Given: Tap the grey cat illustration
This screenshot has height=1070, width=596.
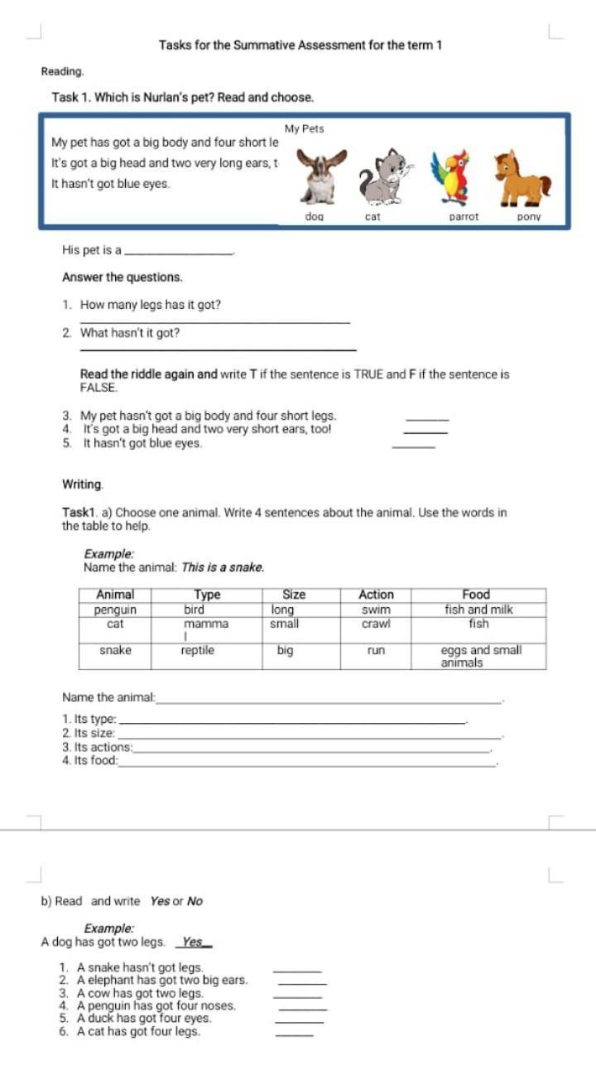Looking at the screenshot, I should pos(384,177).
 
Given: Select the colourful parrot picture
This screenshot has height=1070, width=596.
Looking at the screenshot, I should pos(454,177).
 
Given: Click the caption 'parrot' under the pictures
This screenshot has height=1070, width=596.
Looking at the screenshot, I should pos(464,217).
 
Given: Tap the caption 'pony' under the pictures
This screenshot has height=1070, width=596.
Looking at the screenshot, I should pos(528,217).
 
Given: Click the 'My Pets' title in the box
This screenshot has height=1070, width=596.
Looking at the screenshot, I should pos(304,129).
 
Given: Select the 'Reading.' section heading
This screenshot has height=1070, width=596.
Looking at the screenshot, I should pos(62,72).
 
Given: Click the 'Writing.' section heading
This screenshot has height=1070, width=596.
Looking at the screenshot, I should pos(83,484).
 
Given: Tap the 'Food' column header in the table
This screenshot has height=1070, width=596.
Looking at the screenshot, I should pos(476,595).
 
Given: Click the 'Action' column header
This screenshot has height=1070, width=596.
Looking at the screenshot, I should pos(376,595).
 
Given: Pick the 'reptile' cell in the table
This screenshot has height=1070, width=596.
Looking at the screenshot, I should pos(198,651).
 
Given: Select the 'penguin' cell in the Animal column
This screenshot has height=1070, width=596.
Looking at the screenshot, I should pos(115,610).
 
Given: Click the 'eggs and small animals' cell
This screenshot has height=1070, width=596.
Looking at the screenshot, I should pos(480,657).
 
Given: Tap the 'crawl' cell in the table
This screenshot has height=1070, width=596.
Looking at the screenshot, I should pos(376,624).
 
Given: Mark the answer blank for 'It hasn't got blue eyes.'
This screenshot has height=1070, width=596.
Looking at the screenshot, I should pos(413,446).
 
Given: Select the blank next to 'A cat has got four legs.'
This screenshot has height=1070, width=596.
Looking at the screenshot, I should pos(294,1034).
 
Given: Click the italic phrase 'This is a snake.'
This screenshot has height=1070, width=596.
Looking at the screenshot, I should pos(223,567).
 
